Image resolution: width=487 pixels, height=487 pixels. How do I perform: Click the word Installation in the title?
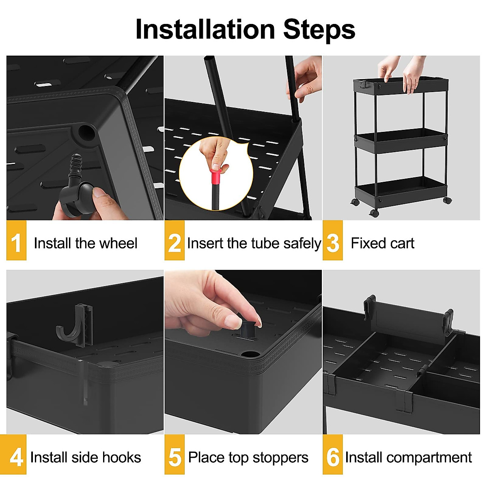point(205,29)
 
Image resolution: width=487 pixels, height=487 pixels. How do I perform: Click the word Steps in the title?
point(319,29)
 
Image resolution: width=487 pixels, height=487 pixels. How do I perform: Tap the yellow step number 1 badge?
point(16,241)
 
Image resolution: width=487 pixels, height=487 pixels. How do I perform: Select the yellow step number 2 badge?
point(175,241)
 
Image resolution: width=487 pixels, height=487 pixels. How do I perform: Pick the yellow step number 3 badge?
point(333,241)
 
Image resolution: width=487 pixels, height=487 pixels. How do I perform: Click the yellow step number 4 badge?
point(16,455)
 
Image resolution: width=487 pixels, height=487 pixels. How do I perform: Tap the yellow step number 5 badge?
point(175,455)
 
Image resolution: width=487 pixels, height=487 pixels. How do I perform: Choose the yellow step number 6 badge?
point(333,455)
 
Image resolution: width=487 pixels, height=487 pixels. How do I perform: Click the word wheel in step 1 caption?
point(118,243)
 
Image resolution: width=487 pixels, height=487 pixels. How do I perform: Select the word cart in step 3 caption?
point(403,243)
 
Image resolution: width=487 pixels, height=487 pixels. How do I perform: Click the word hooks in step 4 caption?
point(121,457)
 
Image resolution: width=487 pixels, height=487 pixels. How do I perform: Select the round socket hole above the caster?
point(86,131)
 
